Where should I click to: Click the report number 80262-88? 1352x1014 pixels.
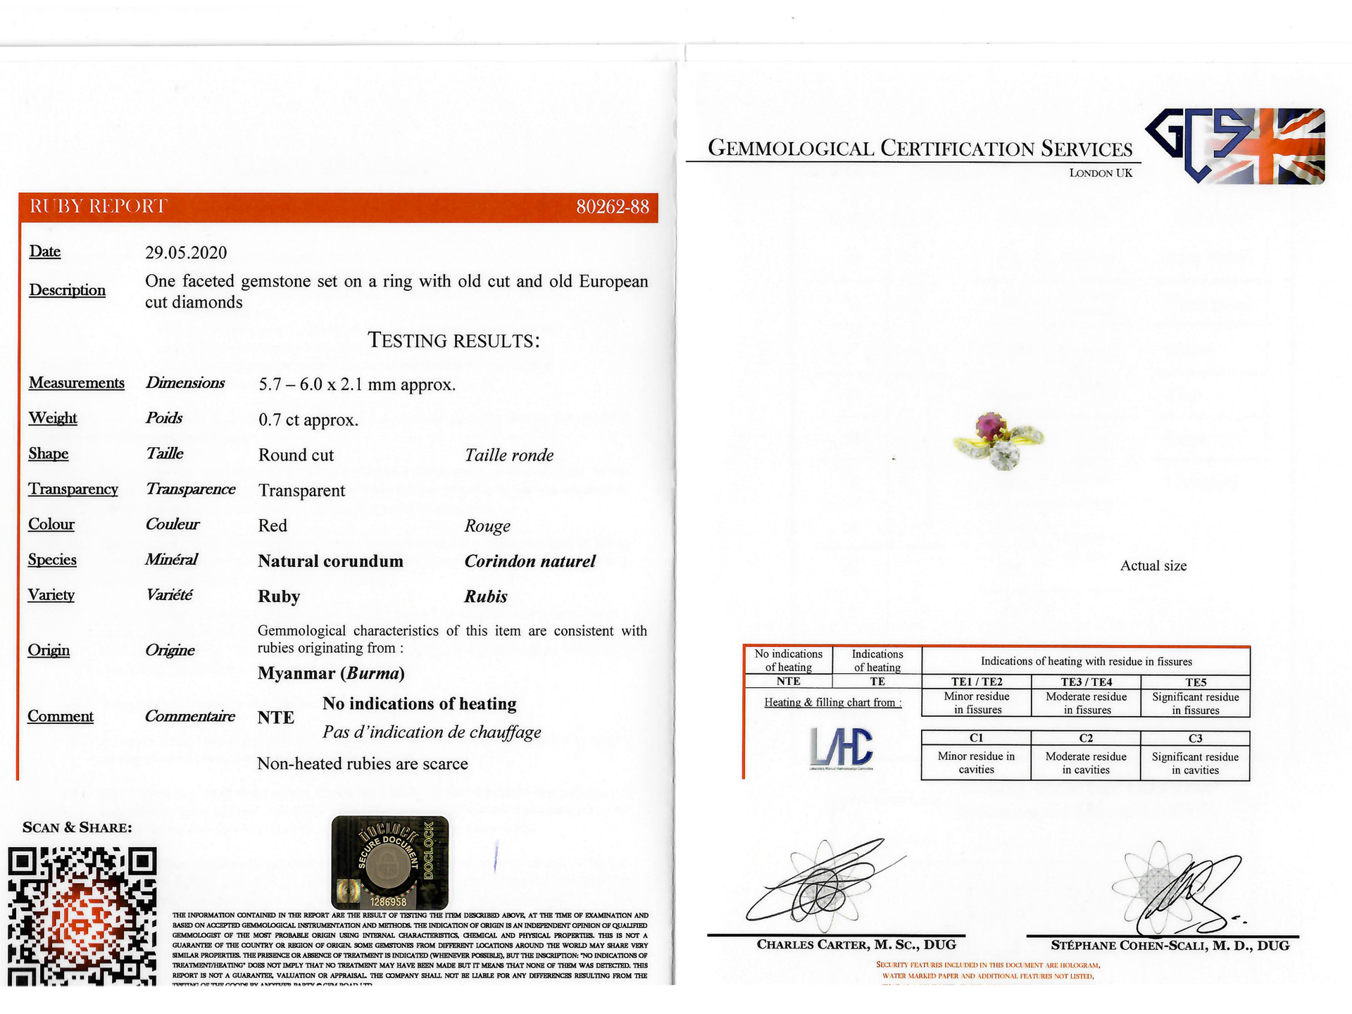pyautogui.click(x=612, y=207)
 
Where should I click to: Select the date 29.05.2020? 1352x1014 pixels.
pyautogui.click(x=186, y=253)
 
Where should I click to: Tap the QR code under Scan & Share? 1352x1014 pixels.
pyautogui.click(x=82, y=915)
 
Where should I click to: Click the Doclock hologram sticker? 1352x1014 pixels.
pyautogui.click(x=389, y=862)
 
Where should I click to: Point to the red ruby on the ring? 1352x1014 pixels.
pyautogui.click(x=990, y=426)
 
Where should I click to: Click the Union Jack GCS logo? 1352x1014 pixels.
pyautogui.click(x=1236, y=146)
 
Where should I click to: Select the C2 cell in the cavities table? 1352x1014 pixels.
pyautogui.click(x=1086, y=738)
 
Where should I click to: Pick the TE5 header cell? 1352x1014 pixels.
pyautogui.click(x=1195, y=682)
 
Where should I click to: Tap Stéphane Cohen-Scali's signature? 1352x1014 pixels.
pyautogui.click(x=1183, y=891)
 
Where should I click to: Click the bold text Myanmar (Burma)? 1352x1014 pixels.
pyautogui.click(x=331, y=673)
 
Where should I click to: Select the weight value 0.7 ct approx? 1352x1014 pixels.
pyautogui.click(x=308, y=420)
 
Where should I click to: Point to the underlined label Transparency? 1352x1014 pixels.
pyautogui.click(x=73, y=489)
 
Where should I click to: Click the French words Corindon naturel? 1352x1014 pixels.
pyautogui.click(x=530, y=561)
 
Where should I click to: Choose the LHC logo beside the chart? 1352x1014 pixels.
pyautogui.click(x=841, y=747)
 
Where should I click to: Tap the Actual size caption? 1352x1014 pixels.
pyautogui.click(x=1153, y=566)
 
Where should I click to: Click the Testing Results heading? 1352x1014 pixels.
pyautogui.click(x=453, y=341)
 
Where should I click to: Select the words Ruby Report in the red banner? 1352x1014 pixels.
pyautogui.click(x=99, y=206)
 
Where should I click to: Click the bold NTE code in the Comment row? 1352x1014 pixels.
pyautogui.click(x=275, y=718)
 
